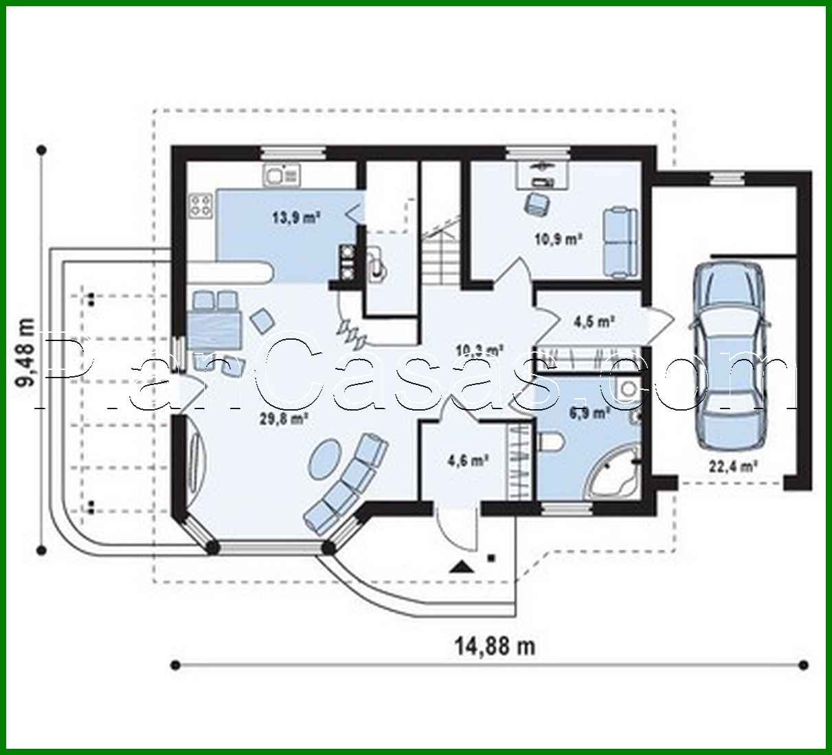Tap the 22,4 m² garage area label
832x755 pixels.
click(x=733, y=466)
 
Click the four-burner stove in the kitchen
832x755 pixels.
click(x=201, y=205)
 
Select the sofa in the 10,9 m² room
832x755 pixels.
click(x=619, y=241)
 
